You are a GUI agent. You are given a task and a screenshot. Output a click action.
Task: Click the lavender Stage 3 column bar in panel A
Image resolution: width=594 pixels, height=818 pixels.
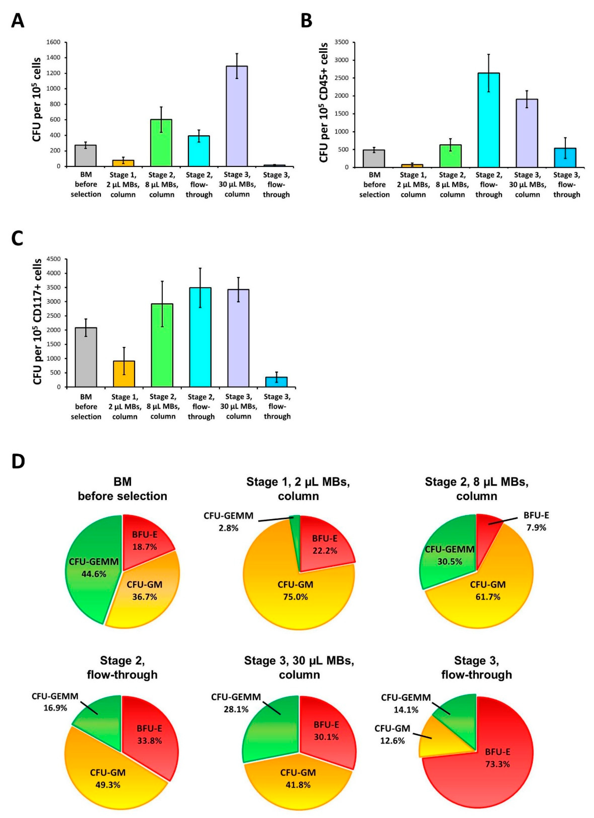(x=237, y=116)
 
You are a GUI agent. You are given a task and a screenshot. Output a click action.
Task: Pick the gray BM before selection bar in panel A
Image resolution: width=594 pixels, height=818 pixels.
(x=85, y=156)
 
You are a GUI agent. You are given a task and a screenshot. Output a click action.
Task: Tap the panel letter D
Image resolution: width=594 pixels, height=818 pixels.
(x=18, y=461)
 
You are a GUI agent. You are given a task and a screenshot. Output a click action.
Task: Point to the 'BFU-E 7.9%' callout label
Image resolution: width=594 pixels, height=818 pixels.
(x=536, y=522)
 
